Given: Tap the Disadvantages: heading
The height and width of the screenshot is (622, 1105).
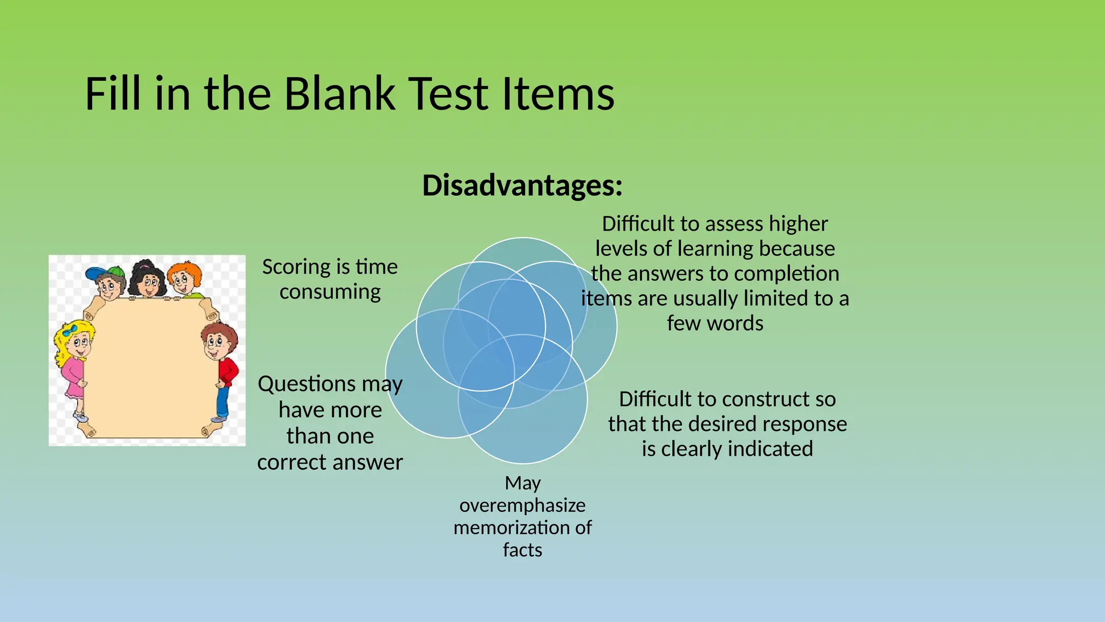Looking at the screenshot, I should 522,185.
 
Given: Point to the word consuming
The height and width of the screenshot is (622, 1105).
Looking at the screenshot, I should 330,292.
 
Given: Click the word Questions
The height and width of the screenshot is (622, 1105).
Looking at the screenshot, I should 306,384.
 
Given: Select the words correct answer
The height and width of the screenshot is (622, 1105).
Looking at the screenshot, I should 330,462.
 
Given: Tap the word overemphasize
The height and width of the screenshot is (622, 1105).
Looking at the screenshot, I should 522,505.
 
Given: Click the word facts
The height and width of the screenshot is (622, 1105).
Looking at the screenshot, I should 522,550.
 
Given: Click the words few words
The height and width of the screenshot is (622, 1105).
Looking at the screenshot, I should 715,323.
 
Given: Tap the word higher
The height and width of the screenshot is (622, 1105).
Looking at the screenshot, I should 798,224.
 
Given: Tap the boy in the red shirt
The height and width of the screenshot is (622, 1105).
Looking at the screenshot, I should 221,367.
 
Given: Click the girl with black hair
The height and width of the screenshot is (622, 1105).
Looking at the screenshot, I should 147,280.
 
